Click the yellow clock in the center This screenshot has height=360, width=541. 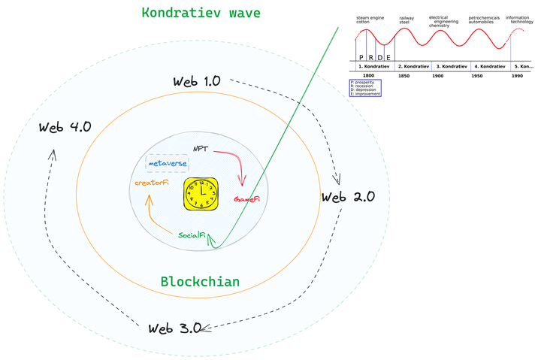click(x=201, y=192)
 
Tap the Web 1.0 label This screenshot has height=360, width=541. click(x=196, y=81)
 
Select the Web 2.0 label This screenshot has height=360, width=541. click(x=348, y=197)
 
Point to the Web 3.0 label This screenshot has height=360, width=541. click(x=174, y=328)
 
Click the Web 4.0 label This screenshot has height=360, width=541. click(x=65, y=126)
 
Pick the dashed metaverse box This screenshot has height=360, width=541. click(x=167, y=163)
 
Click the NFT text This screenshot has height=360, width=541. click(x=201, y=148)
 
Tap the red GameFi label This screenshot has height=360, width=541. click(x=246, y=200)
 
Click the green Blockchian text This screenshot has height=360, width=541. click(x=200, y=282)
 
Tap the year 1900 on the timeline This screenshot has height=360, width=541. click(x=437, y=76)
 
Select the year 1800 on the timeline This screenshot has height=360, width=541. click(x=368, y=76)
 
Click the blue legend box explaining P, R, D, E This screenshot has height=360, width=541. click(x=365, y=87)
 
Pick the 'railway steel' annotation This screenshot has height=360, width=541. click(x=406, y=20)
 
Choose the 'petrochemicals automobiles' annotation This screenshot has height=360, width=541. click(x=483, y=20)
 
